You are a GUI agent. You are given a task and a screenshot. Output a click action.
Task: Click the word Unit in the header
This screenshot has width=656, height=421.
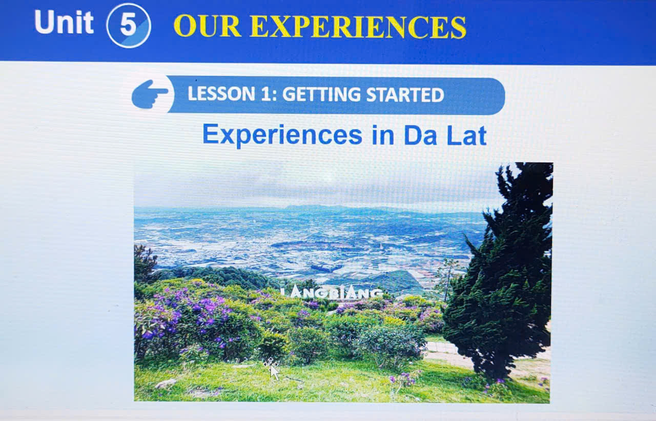64,22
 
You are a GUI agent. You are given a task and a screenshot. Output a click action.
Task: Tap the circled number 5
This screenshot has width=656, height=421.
129,25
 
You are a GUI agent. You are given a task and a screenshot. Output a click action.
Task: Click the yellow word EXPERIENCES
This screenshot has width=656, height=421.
358,27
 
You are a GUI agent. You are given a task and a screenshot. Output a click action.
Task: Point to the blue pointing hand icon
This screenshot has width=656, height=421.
150,94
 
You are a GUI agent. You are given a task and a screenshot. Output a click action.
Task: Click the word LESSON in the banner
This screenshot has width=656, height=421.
221,94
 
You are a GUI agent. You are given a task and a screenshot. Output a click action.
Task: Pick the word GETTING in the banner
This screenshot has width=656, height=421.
321,94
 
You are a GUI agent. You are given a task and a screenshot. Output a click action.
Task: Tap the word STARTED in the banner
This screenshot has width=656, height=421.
405,95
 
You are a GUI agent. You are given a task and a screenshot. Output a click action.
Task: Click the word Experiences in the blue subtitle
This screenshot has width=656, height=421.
282,134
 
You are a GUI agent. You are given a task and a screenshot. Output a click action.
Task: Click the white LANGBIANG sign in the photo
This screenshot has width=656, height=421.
332,293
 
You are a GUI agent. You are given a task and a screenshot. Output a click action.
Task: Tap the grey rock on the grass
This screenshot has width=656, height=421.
166,383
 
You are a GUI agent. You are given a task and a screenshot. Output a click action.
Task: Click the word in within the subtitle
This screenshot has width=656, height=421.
383,135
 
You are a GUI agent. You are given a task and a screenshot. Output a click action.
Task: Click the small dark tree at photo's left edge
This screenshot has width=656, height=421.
145,264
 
